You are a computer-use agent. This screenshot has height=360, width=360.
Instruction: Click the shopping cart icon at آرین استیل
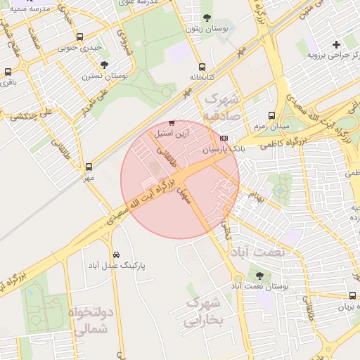(172, 124)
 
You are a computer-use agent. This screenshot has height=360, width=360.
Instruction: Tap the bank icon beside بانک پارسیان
(224, 138)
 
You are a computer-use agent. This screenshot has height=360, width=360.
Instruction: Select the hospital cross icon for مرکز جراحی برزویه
(337, 44)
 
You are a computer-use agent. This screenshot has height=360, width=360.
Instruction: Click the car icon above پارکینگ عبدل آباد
(116, 255)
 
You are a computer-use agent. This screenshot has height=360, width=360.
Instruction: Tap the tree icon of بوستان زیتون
(207, 18)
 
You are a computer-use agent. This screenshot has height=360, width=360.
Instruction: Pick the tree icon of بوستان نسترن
(104, 65)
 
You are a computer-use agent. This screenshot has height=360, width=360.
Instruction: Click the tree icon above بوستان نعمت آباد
(260, 276)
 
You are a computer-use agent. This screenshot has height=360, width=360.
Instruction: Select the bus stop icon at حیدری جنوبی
(79, 37)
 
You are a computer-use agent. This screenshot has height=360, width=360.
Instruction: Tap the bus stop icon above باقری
(8, 72)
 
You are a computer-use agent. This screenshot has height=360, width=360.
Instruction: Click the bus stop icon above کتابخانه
(202, 66)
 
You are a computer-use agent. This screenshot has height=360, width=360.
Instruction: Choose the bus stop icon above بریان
(352, 297)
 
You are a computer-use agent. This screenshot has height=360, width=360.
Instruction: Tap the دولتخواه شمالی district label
(89, 319)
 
